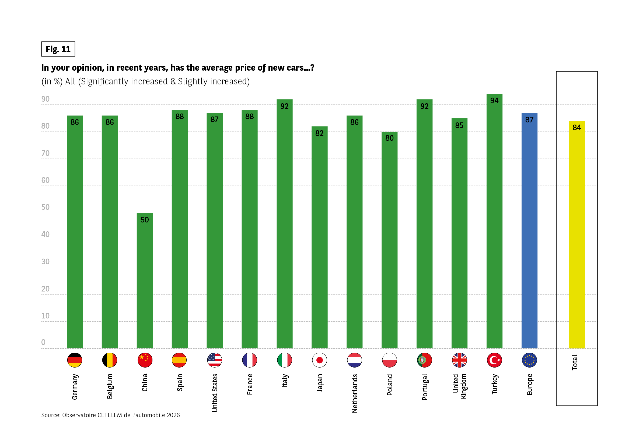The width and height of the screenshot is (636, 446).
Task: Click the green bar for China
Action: point(145,280)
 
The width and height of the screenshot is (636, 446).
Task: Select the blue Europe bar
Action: point(529,230)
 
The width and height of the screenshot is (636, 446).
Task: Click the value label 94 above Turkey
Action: point(494,100)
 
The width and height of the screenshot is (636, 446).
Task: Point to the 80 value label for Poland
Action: point(389,138)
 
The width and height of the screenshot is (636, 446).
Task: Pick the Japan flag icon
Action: point(319,360)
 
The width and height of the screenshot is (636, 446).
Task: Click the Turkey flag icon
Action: point(494,360)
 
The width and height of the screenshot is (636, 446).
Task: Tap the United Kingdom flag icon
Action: point(459,360)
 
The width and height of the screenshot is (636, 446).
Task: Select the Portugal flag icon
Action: point(424,360)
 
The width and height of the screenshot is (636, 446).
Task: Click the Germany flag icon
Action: point(75,360)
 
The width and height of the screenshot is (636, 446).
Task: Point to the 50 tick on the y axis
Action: point(46,207)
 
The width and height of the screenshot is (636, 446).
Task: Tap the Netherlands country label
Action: point(355,393)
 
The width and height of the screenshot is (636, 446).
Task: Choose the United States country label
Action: point(215,393)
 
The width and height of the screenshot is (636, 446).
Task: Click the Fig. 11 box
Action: point(58,49)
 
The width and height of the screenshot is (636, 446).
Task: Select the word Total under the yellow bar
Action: point(575,362)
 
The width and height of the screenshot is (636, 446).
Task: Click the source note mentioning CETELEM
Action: point(110,415)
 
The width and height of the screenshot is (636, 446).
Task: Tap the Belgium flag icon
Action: point(109,360)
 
